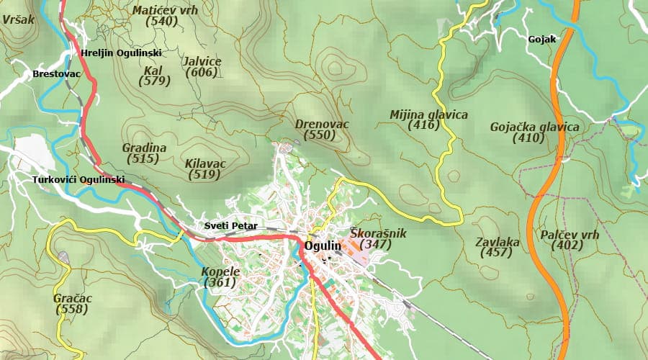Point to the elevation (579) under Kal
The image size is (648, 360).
pos(154,81)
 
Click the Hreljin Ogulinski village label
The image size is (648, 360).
pos(122,53)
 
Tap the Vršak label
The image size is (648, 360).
pos(18,20)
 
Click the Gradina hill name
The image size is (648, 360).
pos(144,148)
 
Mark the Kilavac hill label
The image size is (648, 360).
pos(205,163)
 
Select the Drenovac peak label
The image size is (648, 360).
pos(322,125)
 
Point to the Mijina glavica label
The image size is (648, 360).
pos(428,114)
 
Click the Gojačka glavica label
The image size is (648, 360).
pos(534,127)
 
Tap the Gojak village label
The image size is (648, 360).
pos(541,40)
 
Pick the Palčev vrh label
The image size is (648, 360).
pos(569,235)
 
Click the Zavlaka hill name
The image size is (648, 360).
pos(498,242)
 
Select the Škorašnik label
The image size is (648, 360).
pos(378,233)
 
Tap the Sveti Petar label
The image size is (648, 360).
pos(231,225)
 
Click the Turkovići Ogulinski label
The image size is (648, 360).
pos(78,179)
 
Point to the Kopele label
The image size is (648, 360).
pos(220,271)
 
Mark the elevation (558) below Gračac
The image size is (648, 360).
pos(71,310)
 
